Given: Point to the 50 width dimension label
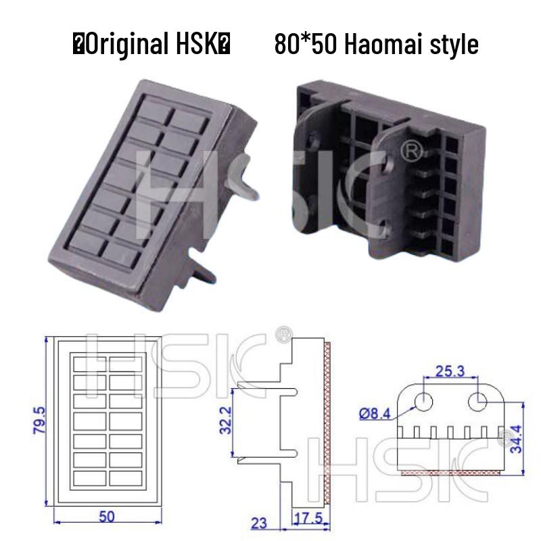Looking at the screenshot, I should click(x=106, y=517).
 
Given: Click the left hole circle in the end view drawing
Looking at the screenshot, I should click(x=424, y=401).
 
